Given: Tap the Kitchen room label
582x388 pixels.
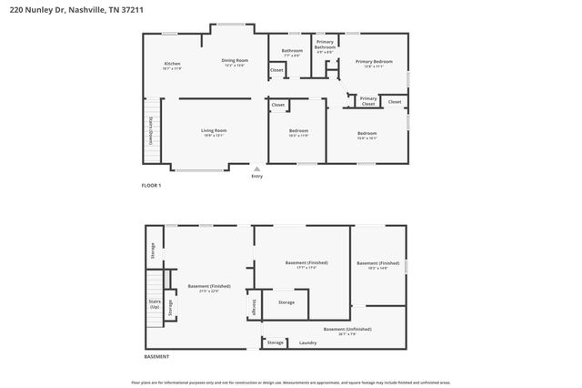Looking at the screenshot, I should (x=172, y=64).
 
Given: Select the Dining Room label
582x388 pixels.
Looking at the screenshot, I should (x=235, y=60).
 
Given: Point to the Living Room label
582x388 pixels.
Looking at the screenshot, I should (x=214, y=130).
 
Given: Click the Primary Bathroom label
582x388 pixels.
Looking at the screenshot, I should (x=325, y=45).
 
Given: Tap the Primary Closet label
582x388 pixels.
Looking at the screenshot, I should (x=368, y=101).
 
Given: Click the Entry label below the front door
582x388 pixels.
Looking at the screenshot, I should (x=256, y=176).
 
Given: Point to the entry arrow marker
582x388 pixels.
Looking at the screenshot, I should (x=256, y=168).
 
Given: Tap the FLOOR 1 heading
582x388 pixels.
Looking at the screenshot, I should (x=151, y=185).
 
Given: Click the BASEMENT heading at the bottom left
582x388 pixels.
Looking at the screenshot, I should (x=156, y=356).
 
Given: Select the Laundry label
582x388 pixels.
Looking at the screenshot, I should (x=307, y=342).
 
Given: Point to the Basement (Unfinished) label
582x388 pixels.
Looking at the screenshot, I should (x=347, y=329).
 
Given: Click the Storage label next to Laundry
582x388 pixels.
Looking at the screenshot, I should (x=275, y=342).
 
